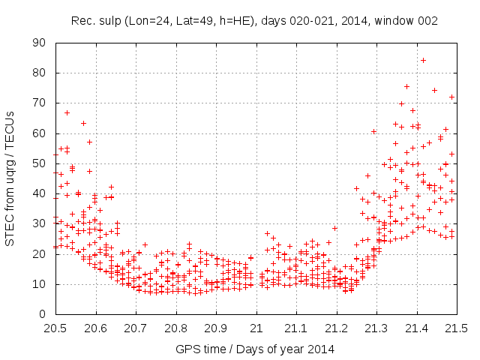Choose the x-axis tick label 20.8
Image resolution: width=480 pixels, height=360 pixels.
175,328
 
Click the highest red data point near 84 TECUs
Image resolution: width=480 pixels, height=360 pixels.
423,60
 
